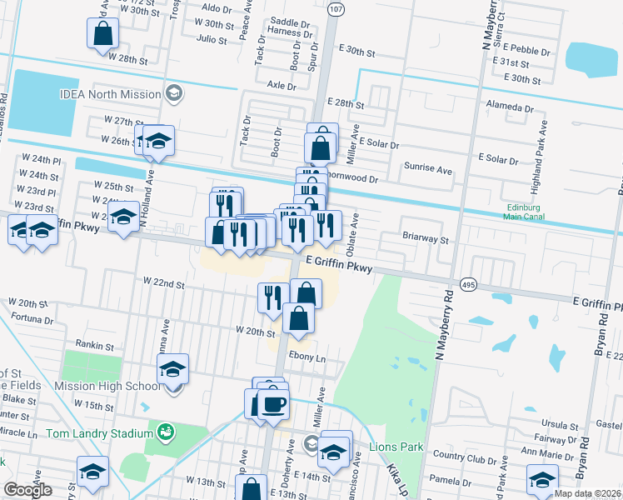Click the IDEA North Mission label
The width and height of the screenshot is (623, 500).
110,94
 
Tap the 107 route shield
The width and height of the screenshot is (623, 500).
335,8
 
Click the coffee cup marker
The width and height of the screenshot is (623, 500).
272,404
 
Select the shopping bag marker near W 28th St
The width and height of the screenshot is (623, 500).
104,34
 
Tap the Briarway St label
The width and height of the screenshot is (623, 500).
426,240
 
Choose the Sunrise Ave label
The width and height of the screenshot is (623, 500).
428,169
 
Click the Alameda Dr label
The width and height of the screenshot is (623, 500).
511,108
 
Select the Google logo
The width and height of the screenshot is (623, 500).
27,489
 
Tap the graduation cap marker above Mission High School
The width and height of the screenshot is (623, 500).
173,367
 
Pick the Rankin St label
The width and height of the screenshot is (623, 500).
94,345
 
